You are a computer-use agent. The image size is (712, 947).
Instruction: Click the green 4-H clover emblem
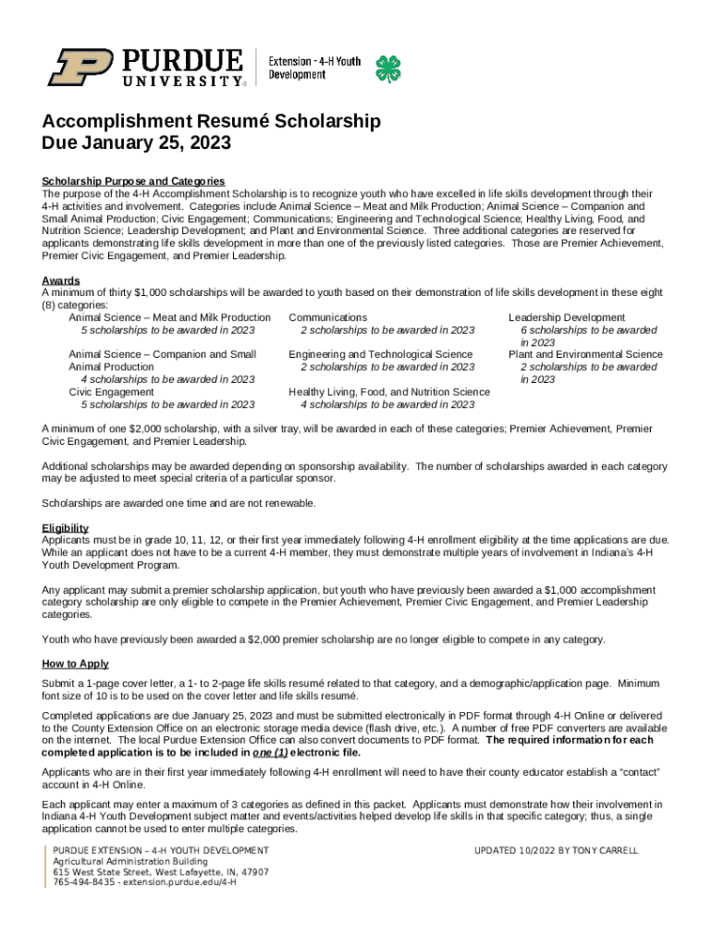click(x=387, y=68)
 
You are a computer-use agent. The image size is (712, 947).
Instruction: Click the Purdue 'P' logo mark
click(x=81, y=68)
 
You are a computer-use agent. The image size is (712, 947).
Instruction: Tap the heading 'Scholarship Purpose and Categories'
click(x=133, y=181)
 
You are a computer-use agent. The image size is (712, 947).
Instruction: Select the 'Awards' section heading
click(x=61, y=280)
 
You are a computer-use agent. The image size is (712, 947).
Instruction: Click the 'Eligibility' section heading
click(x=66, y=528)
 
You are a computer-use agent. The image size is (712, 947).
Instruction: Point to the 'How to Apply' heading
click(x=76, y=664)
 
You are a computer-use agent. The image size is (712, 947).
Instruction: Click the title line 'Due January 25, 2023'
click(x=136, y=144)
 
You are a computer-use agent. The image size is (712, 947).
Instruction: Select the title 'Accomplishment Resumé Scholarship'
click(x=211, y=122)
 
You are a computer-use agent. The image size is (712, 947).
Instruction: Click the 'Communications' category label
click(x=327, y=318)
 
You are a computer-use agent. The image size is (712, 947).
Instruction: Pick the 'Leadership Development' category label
click(x=567, y=318)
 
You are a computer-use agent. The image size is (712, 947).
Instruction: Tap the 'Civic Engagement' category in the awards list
click(x=112, y=392)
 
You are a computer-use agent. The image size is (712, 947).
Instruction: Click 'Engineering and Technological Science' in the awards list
click(x=380, y=354)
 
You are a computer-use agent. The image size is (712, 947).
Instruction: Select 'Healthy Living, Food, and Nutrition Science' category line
click(x=389, y=392)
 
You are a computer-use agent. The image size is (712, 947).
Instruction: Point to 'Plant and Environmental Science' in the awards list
click(x=585, y=354)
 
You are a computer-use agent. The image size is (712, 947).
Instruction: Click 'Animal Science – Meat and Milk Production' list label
click(x=170, y=318)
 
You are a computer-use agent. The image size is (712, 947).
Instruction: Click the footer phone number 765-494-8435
click(x=85, y=882)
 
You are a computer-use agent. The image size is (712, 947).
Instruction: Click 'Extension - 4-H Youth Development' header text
click(x=314, y=68)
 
